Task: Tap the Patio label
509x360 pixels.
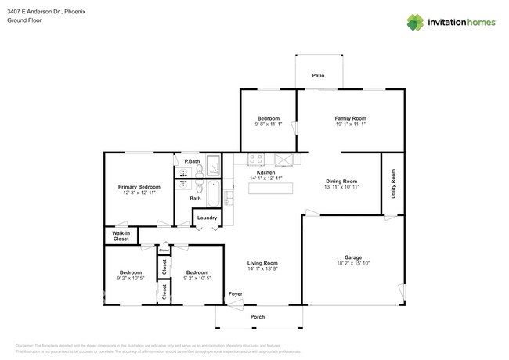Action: click(318, 76)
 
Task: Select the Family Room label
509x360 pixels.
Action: click(350, 118)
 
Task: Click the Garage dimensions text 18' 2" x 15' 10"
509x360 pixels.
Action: click(352, 263)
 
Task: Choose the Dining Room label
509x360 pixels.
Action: click(341, 182)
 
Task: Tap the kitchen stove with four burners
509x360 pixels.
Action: click(256, 160)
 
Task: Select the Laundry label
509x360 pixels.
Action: click(207, 218)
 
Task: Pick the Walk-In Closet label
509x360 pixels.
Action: click(121, 236)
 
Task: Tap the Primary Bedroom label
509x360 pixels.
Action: click(139, 187)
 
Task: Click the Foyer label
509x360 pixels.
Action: click(235, 294)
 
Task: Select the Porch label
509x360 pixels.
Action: click(258, 317)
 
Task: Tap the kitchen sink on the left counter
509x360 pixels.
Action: click(229, 196)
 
